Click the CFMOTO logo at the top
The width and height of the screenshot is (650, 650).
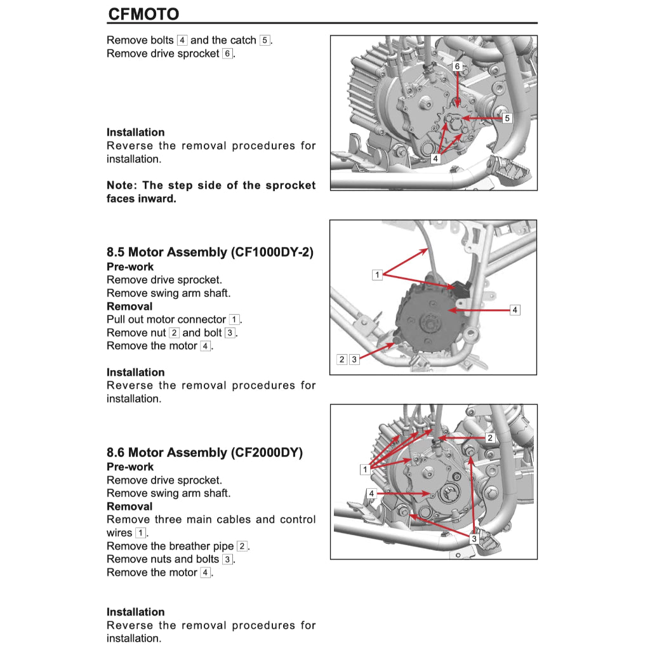[x=143, y=14]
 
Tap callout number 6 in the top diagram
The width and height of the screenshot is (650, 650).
[x=457, y=66]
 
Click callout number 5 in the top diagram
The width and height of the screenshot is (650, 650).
[x=507, y=118]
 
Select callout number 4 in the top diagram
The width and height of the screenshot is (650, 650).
[x=435, y=159]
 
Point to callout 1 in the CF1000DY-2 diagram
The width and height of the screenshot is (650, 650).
[x=377, y=275]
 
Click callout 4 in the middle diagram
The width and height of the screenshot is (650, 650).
[x=515, y=310]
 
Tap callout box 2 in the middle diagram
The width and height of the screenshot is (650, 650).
[x=342, y=359]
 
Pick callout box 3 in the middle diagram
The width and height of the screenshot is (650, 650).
[x=354, y=359]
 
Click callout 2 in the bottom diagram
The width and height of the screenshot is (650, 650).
[x=489, y=438]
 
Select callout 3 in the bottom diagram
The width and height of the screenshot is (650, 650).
[x=474, y=538]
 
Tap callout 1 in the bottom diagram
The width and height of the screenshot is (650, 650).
[x=365, y=470]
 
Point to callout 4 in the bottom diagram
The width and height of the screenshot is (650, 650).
[x=371, y=493]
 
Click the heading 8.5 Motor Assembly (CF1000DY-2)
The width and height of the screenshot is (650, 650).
[x=209, y=252]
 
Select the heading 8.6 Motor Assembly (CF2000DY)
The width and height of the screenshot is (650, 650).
[x=204, y=453]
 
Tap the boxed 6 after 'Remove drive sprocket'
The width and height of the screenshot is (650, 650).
[x=227, y=54]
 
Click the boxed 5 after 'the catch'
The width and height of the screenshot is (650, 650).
[x=265, y=40]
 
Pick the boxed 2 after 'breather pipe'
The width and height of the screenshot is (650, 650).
[x=242, y=546]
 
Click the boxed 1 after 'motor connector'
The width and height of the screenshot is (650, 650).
[x=234, y=319]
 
